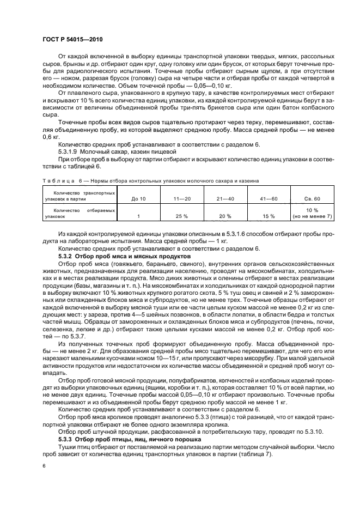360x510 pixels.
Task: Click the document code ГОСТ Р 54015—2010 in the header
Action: pos(72,40)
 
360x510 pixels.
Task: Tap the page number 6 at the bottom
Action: pos(44,466)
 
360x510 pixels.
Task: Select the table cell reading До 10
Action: pos(138,199)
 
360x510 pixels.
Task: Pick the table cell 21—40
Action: pos(225,199)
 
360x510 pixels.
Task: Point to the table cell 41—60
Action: pos(269,199)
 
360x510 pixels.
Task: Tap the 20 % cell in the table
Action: pos(225,216)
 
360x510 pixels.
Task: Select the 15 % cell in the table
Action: pos(269,216)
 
